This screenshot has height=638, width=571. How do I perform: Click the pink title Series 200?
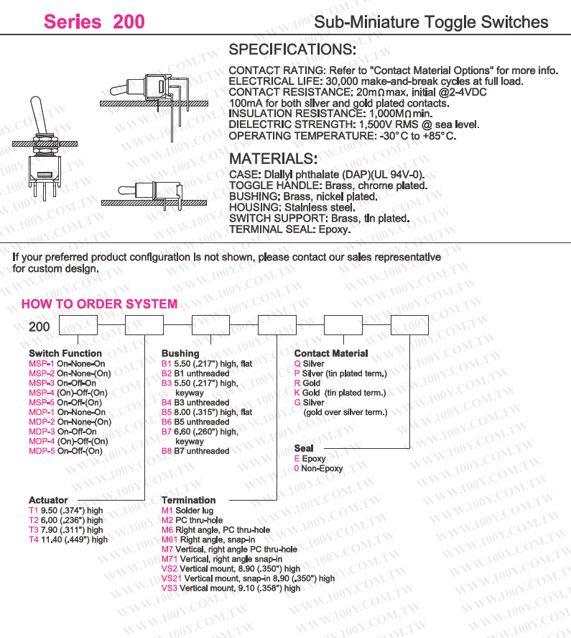click(94, 22)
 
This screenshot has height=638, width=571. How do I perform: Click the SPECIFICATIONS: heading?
click(292, 50)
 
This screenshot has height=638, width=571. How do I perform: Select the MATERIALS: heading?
click(272, 159)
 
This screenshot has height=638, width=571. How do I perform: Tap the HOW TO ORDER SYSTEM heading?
click(99, 304)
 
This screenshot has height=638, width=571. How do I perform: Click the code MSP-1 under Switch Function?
click(42, 364)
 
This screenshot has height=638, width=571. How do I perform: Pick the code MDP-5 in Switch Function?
click(42, 451)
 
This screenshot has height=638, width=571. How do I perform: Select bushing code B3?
click(167, 383)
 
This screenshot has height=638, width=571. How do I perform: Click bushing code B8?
click(167, 451)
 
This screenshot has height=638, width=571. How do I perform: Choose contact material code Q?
click(297, 364)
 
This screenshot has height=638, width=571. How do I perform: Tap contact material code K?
click(297, 393)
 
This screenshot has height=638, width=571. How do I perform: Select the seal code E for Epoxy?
click(297, 458)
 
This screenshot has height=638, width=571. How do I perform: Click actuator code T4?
click(33, 539)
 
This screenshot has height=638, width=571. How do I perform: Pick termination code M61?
click(170, 539)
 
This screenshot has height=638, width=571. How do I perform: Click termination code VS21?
click(172, 578)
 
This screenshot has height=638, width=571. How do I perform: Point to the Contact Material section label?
click(330, 353)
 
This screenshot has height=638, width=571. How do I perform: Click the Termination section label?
click(188, 500)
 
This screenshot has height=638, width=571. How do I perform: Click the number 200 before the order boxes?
click(40, 327)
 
